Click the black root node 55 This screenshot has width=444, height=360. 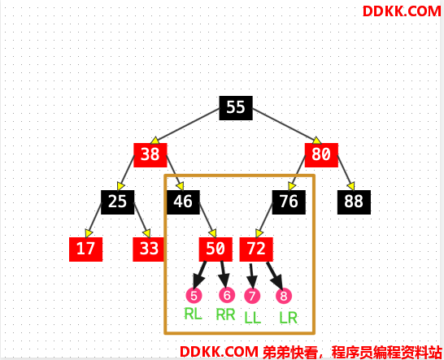click(236, 108)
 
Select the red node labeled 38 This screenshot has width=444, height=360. click(150, 155)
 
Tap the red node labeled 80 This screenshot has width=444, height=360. click(321, 155)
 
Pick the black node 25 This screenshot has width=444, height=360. click(118, 202)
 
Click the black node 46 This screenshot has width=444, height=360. click(183, 202)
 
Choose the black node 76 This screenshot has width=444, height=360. click(289, 202)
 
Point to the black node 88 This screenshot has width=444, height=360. click(354, 202)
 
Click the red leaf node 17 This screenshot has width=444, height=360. click(86, 249)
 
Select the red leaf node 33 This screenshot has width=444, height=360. click(148, 249)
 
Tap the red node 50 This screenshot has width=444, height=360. click(215, 249)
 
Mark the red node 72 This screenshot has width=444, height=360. click(256, 249)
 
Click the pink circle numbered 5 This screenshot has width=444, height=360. click(194, 295)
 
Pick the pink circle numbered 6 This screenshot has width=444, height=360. click(227, 295)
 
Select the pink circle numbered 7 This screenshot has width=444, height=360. click(252, 296)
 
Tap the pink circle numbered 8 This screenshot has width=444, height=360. click(284, 296)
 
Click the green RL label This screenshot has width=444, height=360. click(193, 314)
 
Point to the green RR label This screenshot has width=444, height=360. click(226, 314)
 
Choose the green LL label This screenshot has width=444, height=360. click(252, 318)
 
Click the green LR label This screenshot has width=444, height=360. click(288, 318)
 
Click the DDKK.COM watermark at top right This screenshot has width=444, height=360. click(402, 11)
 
